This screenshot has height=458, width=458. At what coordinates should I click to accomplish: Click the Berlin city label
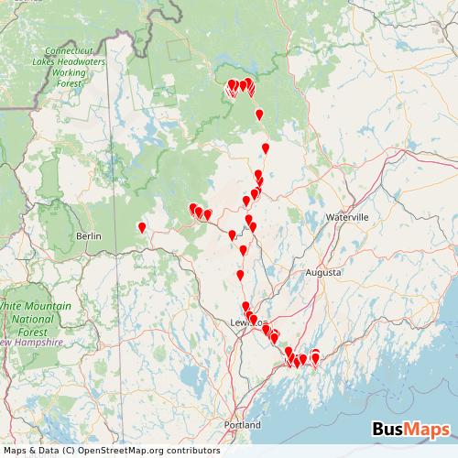(x=89, y=235)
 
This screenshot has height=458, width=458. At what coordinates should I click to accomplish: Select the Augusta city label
(x=323, y=273)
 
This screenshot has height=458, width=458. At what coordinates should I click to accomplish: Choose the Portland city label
(x=243, y=425)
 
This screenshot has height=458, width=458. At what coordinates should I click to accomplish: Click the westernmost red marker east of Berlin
(x=141, y=227)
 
